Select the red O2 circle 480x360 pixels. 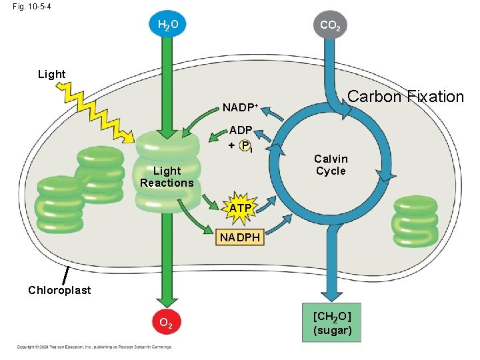tap(167, 324)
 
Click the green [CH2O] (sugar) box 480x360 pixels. tap(332, 323)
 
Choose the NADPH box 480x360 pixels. tap(241, 237)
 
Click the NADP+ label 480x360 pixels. tap(240, 107)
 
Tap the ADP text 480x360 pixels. tap(240, 131)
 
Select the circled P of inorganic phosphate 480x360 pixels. tap(245, 145)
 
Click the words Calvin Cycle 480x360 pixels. tap(331, 165)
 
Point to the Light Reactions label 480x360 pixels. tap(167, 177)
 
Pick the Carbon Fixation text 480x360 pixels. tap(405, 97)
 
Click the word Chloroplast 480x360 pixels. tap(59, 290)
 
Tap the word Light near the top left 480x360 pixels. tap(51, 74)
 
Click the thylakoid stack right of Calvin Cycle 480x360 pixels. tap(415, 221)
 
